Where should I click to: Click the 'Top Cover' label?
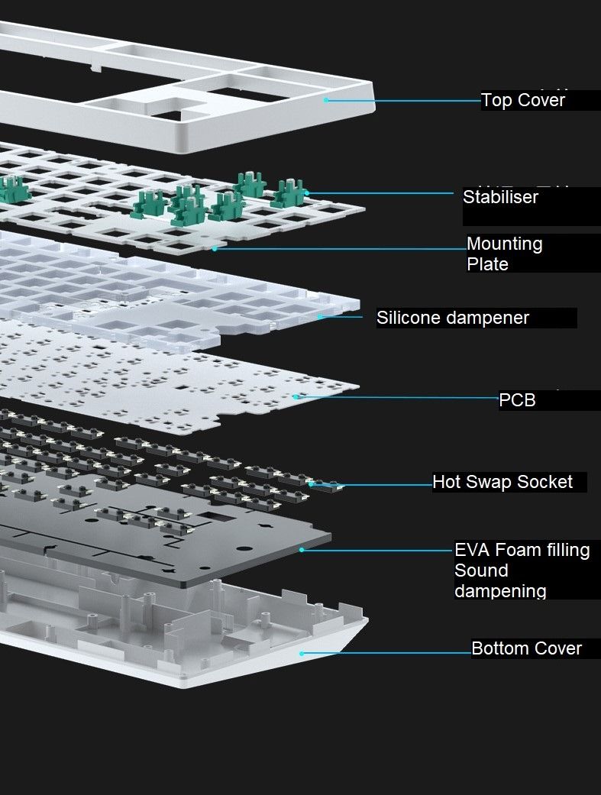[523, 100]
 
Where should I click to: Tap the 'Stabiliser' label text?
[500, 197]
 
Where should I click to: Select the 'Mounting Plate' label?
[504, 254]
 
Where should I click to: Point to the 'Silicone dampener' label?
[452, 318]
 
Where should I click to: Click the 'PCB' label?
[517, 399]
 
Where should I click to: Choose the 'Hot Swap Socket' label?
[502, 482]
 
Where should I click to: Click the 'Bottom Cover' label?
[526, 648]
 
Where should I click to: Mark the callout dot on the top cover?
[326, 99]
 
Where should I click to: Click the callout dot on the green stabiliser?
[306, 192]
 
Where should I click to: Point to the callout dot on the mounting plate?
[215, 248]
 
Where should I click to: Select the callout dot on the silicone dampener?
[320, 316]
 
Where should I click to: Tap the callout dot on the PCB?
[296, 396]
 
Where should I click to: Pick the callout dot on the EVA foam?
[302, 549]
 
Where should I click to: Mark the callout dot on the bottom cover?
[302, 653]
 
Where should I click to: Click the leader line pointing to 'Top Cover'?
[405, 100]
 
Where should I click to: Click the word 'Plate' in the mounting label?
[487, 264]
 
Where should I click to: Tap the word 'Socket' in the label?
[544, 482]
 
